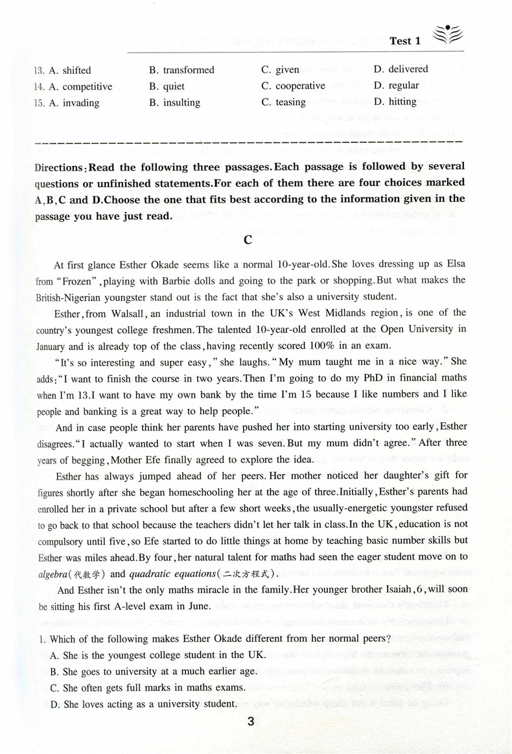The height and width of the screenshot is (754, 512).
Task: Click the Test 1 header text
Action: point(404,41)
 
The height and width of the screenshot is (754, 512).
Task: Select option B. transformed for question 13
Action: point(181,70)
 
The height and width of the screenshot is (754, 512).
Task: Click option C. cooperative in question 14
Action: point(293,86)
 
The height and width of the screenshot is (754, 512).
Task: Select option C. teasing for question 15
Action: point(283,102)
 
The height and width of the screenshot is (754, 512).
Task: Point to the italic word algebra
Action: point(55,574)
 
